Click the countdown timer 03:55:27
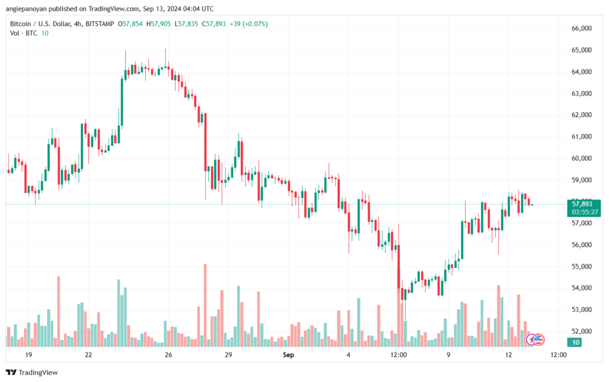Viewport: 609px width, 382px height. point(582,211)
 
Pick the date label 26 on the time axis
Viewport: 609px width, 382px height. point(168,355)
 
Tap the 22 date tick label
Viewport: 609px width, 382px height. point(88,355)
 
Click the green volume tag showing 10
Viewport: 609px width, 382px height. point(575,342)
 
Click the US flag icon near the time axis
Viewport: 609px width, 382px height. point(539,340)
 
